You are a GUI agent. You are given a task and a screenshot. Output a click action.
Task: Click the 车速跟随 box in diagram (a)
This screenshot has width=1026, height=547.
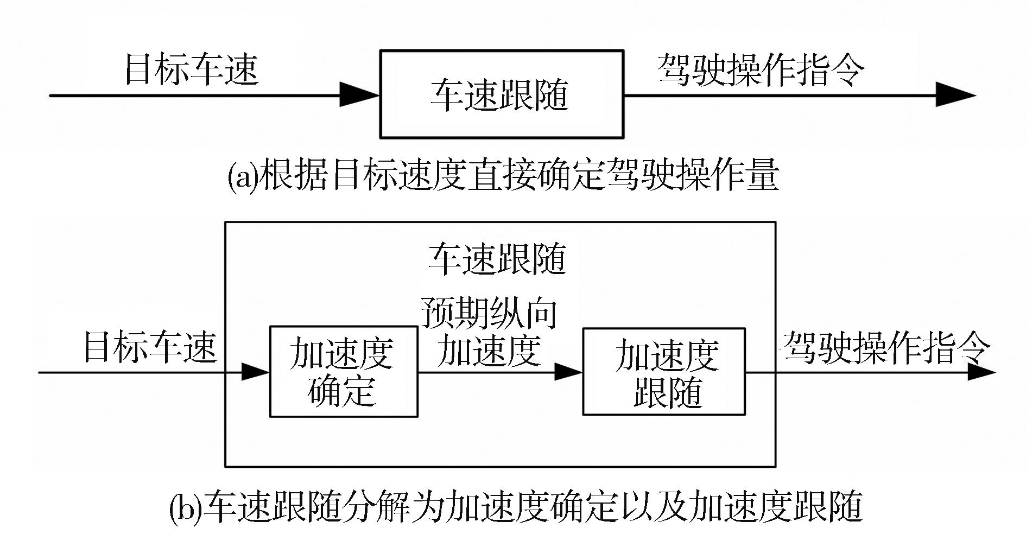pos(501,94)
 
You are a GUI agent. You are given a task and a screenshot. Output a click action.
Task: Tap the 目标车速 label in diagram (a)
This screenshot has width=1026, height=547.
pos(191,69)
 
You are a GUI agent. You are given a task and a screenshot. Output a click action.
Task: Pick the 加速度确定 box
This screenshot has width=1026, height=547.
pos(344,372)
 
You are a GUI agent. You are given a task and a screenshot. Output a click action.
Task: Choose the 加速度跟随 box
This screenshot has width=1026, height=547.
pos(663,372)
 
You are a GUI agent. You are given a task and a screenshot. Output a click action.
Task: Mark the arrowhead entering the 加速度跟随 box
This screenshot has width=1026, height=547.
pos(568,372)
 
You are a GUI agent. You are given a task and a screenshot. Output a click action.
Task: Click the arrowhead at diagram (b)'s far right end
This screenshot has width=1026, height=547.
pos(981,373)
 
